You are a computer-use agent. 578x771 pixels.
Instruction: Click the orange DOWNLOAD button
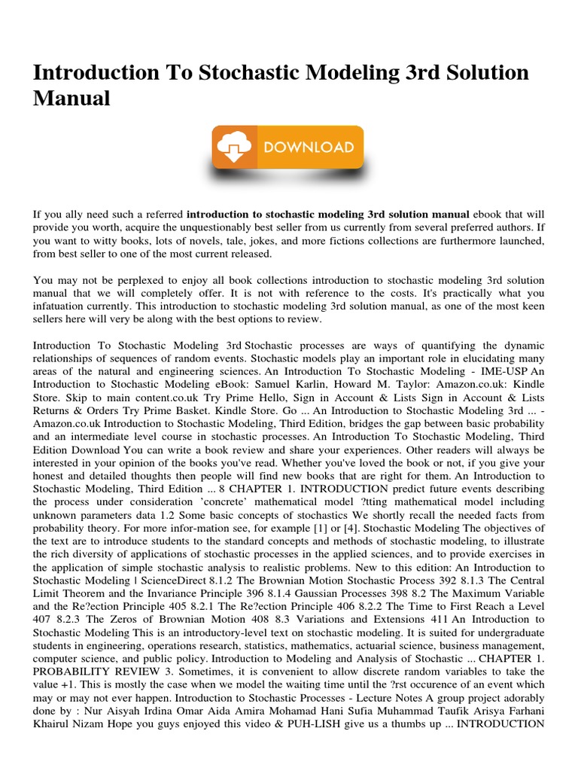tap(288, 148)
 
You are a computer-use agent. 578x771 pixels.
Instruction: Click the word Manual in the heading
tap(71, 98)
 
